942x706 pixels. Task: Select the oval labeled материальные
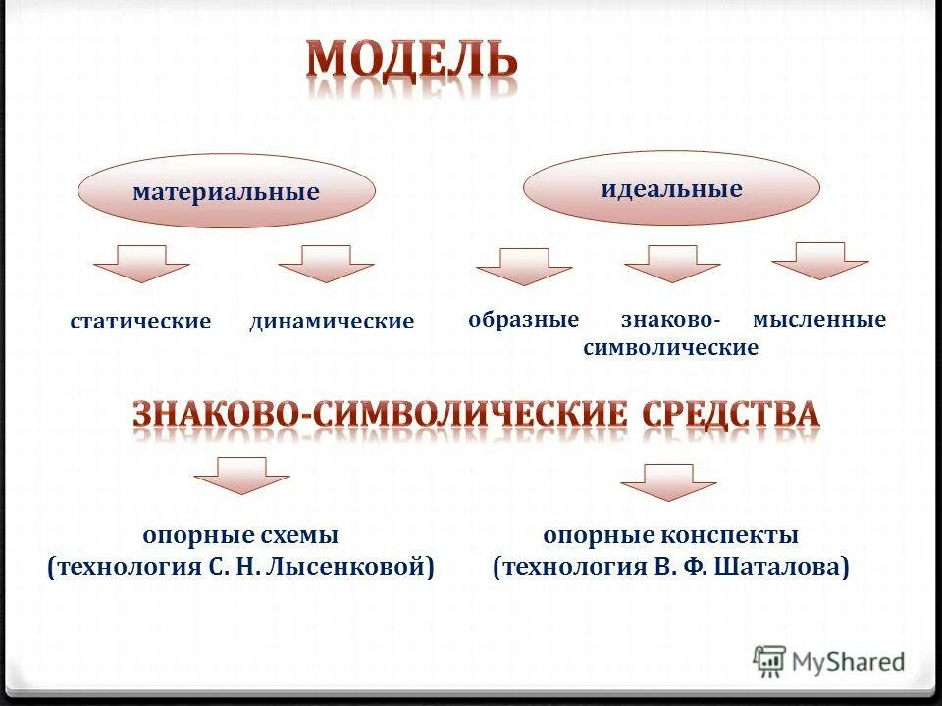point(227,191)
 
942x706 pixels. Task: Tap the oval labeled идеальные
point(671,187)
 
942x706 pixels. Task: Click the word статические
point(141,322)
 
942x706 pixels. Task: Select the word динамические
point(332,322)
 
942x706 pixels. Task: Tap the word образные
point(524,320)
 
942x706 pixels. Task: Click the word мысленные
point(819,320)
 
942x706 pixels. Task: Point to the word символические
point(671,348)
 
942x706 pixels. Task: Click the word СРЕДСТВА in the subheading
point(731,414)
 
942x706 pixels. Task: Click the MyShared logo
point(830,661)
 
